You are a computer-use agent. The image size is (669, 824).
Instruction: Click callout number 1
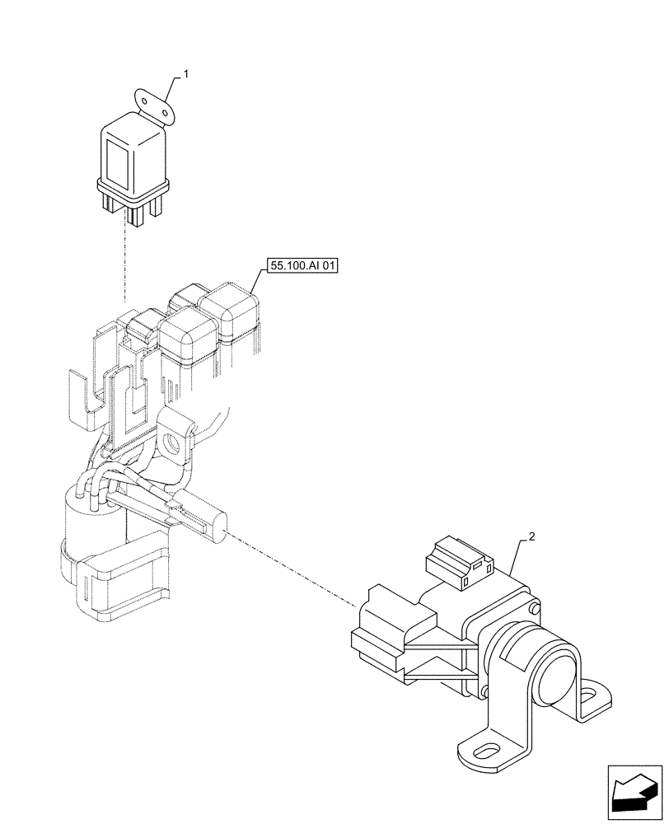tap(186, 74)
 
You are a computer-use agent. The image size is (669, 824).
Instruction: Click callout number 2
tap(532, 536)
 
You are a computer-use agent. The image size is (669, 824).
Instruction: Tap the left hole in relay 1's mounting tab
tap(148, 101)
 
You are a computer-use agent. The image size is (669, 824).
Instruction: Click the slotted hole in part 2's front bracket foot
tap(486, 751)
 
